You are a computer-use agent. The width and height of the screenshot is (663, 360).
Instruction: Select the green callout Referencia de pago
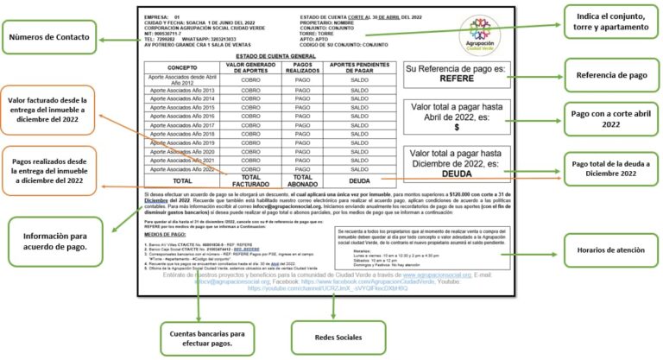coord(613,74)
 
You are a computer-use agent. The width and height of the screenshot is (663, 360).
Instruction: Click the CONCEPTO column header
coord(182,66)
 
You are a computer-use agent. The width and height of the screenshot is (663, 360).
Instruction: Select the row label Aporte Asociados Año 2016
coord(182,116)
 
